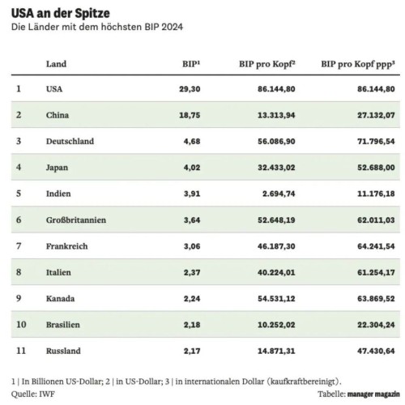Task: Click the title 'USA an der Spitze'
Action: pos(61,14)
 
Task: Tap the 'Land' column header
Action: pos(56,64)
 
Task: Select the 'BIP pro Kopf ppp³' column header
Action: pos(358,65)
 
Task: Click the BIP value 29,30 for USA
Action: pos(190,89)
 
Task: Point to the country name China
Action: pos(58,115)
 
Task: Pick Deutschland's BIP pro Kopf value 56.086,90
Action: pos(276,141)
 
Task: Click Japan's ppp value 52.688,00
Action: pos(376,168)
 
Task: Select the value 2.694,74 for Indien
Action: pos(279,194)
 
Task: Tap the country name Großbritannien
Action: pos(76,220)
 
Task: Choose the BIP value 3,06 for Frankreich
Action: pos(192,246)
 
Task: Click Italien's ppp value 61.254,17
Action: pos(376,272)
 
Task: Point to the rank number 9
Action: pos(19,298)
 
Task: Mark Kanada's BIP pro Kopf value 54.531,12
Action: pos(276,299)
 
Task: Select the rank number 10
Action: pos(21,324)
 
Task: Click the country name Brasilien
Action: pos(63,325)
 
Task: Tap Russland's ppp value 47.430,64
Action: pos(376,351)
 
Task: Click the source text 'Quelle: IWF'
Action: pos(33,394)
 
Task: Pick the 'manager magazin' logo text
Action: pos(373,394)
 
